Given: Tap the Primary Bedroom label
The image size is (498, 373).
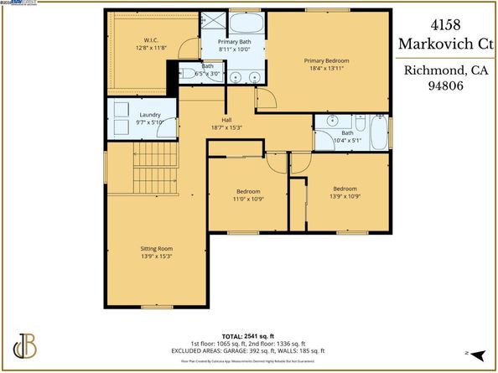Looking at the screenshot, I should click(x=326, y=61).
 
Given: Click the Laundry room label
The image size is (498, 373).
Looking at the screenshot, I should click(x=150, y=115).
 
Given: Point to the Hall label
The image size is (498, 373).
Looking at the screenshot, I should click(x=226, y=120).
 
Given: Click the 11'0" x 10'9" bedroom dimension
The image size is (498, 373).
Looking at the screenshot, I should click(x=248, y=200).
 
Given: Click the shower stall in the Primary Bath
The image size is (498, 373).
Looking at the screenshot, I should click(x=212, y=23).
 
